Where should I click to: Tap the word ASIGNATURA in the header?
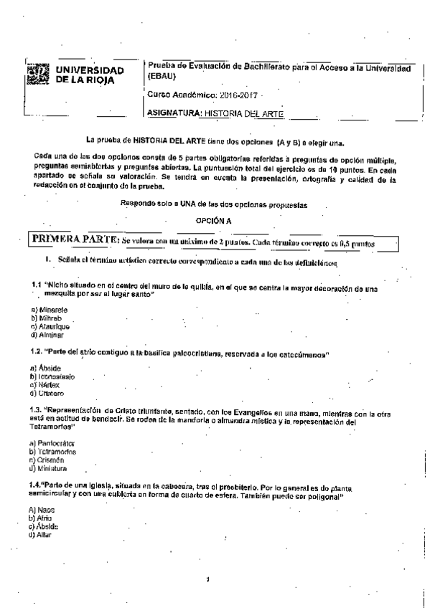[173, 113]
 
